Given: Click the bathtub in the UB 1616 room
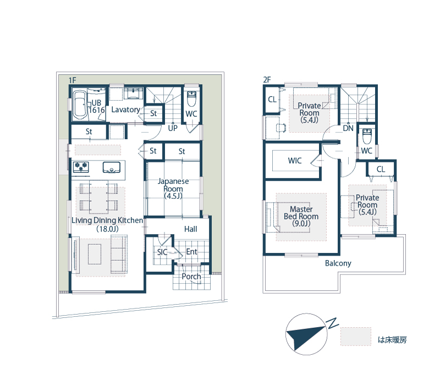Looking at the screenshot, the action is click(x=80, y=105).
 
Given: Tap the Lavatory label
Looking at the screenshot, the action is click(x=126, y=109).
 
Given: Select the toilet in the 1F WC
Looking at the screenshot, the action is click(x=191, y=99).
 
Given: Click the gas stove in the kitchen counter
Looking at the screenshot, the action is click(x=81, y=167).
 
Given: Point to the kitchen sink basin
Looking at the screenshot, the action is click(x=112, y=167).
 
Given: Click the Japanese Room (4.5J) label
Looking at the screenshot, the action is click(x=173, y=188).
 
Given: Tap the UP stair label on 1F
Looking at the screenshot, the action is click(x=173, y=128).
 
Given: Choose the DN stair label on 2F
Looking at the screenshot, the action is click(x=348, y=128).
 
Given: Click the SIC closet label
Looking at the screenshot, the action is click(x=162, y=252).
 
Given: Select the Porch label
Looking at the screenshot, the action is click(x=191, y=277).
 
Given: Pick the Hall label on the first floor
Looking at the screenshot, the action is click(x=190, y=229).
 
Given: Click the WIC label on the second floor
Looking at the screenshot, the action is click(x=295, y=161).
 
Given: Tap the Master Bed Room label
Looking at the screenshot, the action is click(x=301, y=216).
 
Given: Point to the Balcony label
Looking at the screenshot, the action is click(x=338, y=263).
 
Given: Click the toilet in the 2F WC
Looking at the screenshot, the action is click(x=367, y=136).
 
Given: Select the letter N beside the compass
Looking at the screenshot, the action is click(x=333, y=323).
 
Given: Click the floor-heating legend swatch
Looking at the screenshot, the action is click(x=356, y=336).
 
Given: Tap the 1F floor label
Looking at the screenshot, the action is click(x=73, y=80).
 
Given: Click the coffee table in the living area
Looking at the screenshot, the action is click(x=95, y=254).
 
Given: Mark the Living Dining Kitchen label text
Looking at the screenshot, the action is click(x=107, y=221).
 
